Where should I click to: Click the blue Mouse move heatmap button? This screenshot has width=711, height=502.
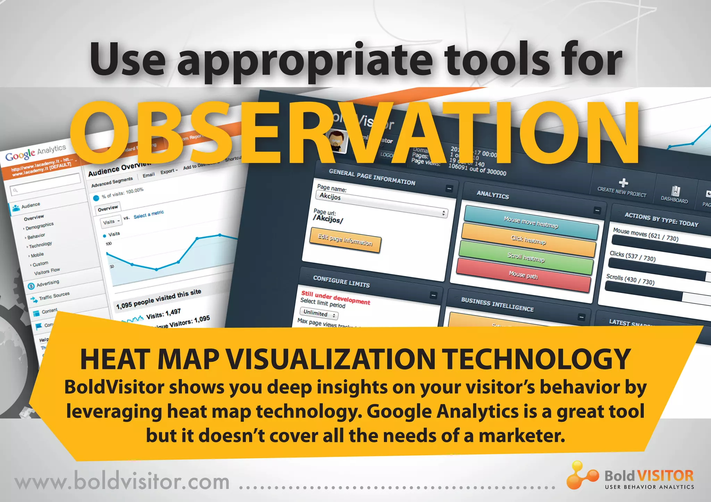point(531,223)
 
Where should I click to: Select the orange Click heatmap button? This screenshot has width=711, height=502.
point(528,240)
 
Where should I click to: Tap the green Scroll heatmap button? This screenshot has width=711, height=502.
point(526,257)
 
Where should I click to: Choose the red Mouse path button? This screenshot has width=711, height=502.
point(523,276)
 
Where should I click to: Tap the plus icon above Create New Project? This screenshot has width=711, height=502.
point(624,182)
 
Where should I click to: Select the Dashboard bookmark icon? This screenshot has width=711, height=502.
point(675,191)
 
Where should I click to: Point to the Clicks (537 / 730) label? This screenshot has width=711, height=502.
point(633,256)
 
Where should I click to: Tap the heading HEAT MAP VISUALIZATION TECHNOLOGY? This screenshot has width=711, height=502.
point(355,360)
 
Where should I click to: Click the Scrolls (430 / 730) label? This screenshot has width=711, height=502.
point(630,279)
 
